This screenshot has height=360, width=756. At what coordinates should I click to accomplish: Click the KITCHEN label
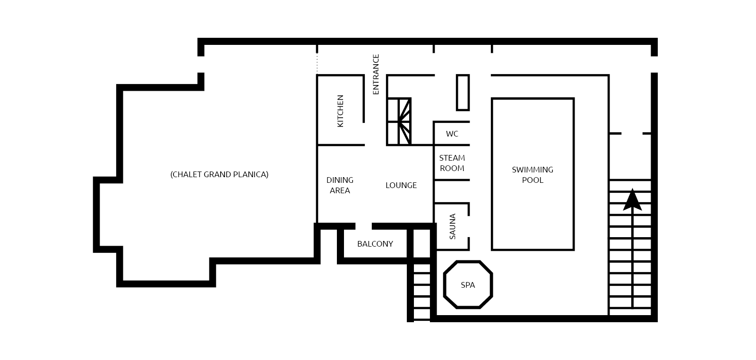pyautogui.click(x=340, y=111)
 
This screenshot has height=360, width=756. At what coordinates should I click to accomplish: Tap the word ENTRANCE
pyautogui.click(x=376, y=74)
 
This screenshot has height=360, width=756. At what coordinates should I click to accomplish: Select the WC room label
pyautogui.click(x=452, y=134)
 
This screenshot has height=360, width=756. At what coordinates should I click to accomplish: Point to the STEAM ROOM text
pyautogui.click(x=452, y=163)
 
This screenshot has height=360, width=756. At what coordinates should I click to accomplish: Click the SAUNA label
pyautogui.click(x=453, y=226)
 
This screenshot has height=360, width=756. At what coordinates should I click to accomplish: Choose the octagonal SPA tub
pyautogui.click(x=468, y=285)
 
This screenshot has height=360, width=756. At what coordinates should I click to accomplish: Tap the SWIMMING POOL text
pyautogui.click(x=533, y=175)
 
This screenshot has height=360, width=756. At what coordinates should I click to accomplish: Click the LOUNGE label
pyautogui.click(x=401, y=185)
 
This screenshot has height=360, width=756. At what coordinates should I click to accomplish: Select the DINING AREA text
pyautogui.click(x=340, y=185)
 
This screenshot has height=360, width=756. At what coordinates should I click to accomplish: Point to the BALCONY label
pyautogui.click(x=375, y=244)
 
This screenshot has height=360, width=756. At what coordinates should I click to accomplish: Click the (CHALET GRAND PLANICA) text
pyautogui.click(x=219, y=174)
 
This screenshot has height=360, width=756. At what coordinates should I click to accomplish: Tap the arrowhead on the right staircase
pyautogui.click(x=632, y=200)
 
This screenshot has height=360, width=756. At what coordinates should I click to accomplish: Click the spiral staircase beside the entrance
pyautogui.click(x=399, y=121)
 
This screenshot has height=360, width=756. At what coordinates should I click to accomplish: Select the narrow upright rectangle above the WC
pyautogui.click(x=463, y=93)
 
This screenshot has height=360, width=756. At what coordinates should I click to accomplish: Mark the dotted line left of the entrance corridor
pyautogui.click(x=317, y=63)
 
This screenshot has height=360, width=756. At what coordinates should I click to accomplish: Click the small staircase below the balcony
pyautogui.click(x=421, y=291)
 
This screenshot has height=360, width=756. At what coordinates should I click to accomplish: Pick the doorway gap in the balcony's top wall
pyautogui.click(x=363, y=226)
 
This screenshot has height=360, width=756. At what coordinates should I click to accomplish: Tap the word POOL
pyautogui.click(x=533, y=180)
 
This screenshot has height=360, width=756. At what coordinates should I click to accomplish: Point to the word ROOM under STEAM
pyautogui.click(x=452, y=168)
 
